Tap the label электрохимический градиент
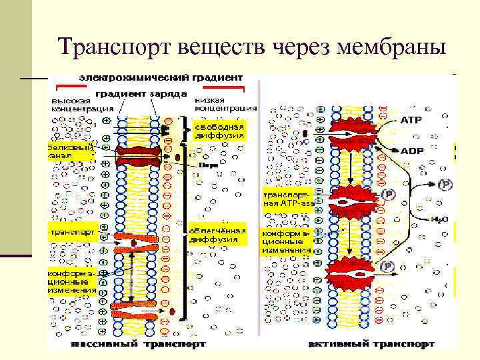[161, 78]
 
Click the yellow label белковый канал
[69, 151]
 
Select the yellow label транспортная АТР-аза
[289, 200]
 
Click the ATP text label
[411, 121]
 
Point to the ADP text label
[411, 151]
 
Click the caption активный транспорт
[372, 344]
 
